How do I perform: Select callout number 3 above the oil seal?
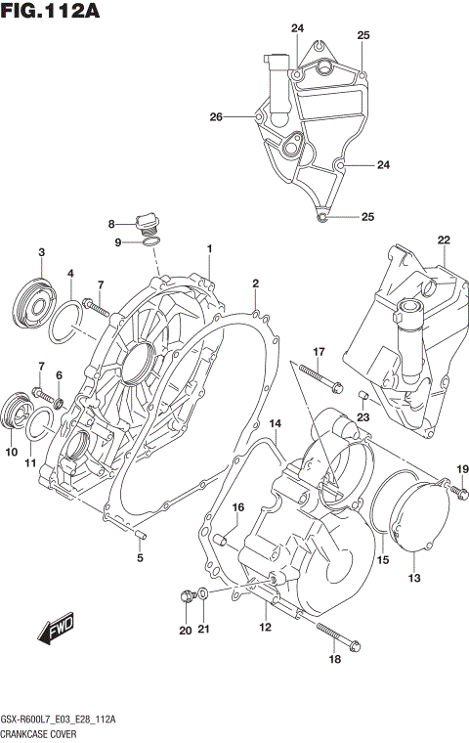42,253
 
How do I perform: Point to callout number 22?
443,240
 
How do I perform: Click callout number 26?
216,117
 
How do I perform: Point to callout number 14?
276,422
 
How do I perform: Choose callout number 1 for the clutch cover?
209,249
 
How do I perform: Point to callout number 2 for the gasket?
255,284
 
